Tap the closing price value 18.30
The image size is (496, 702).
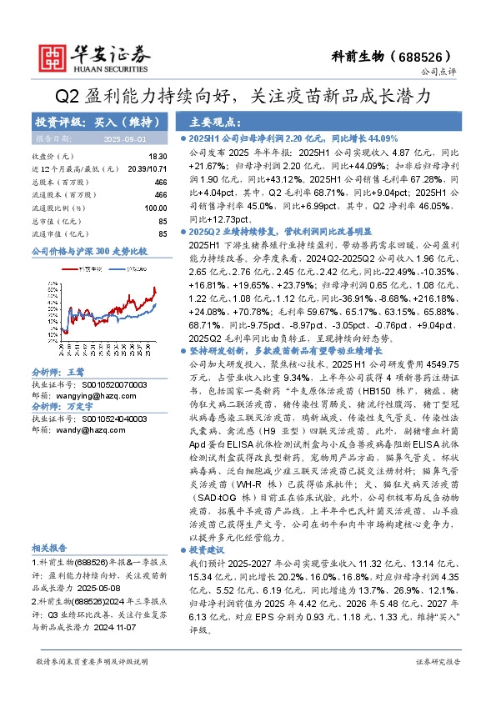[158, 156]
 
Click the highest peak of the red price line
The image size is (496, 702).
[155, 288]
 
